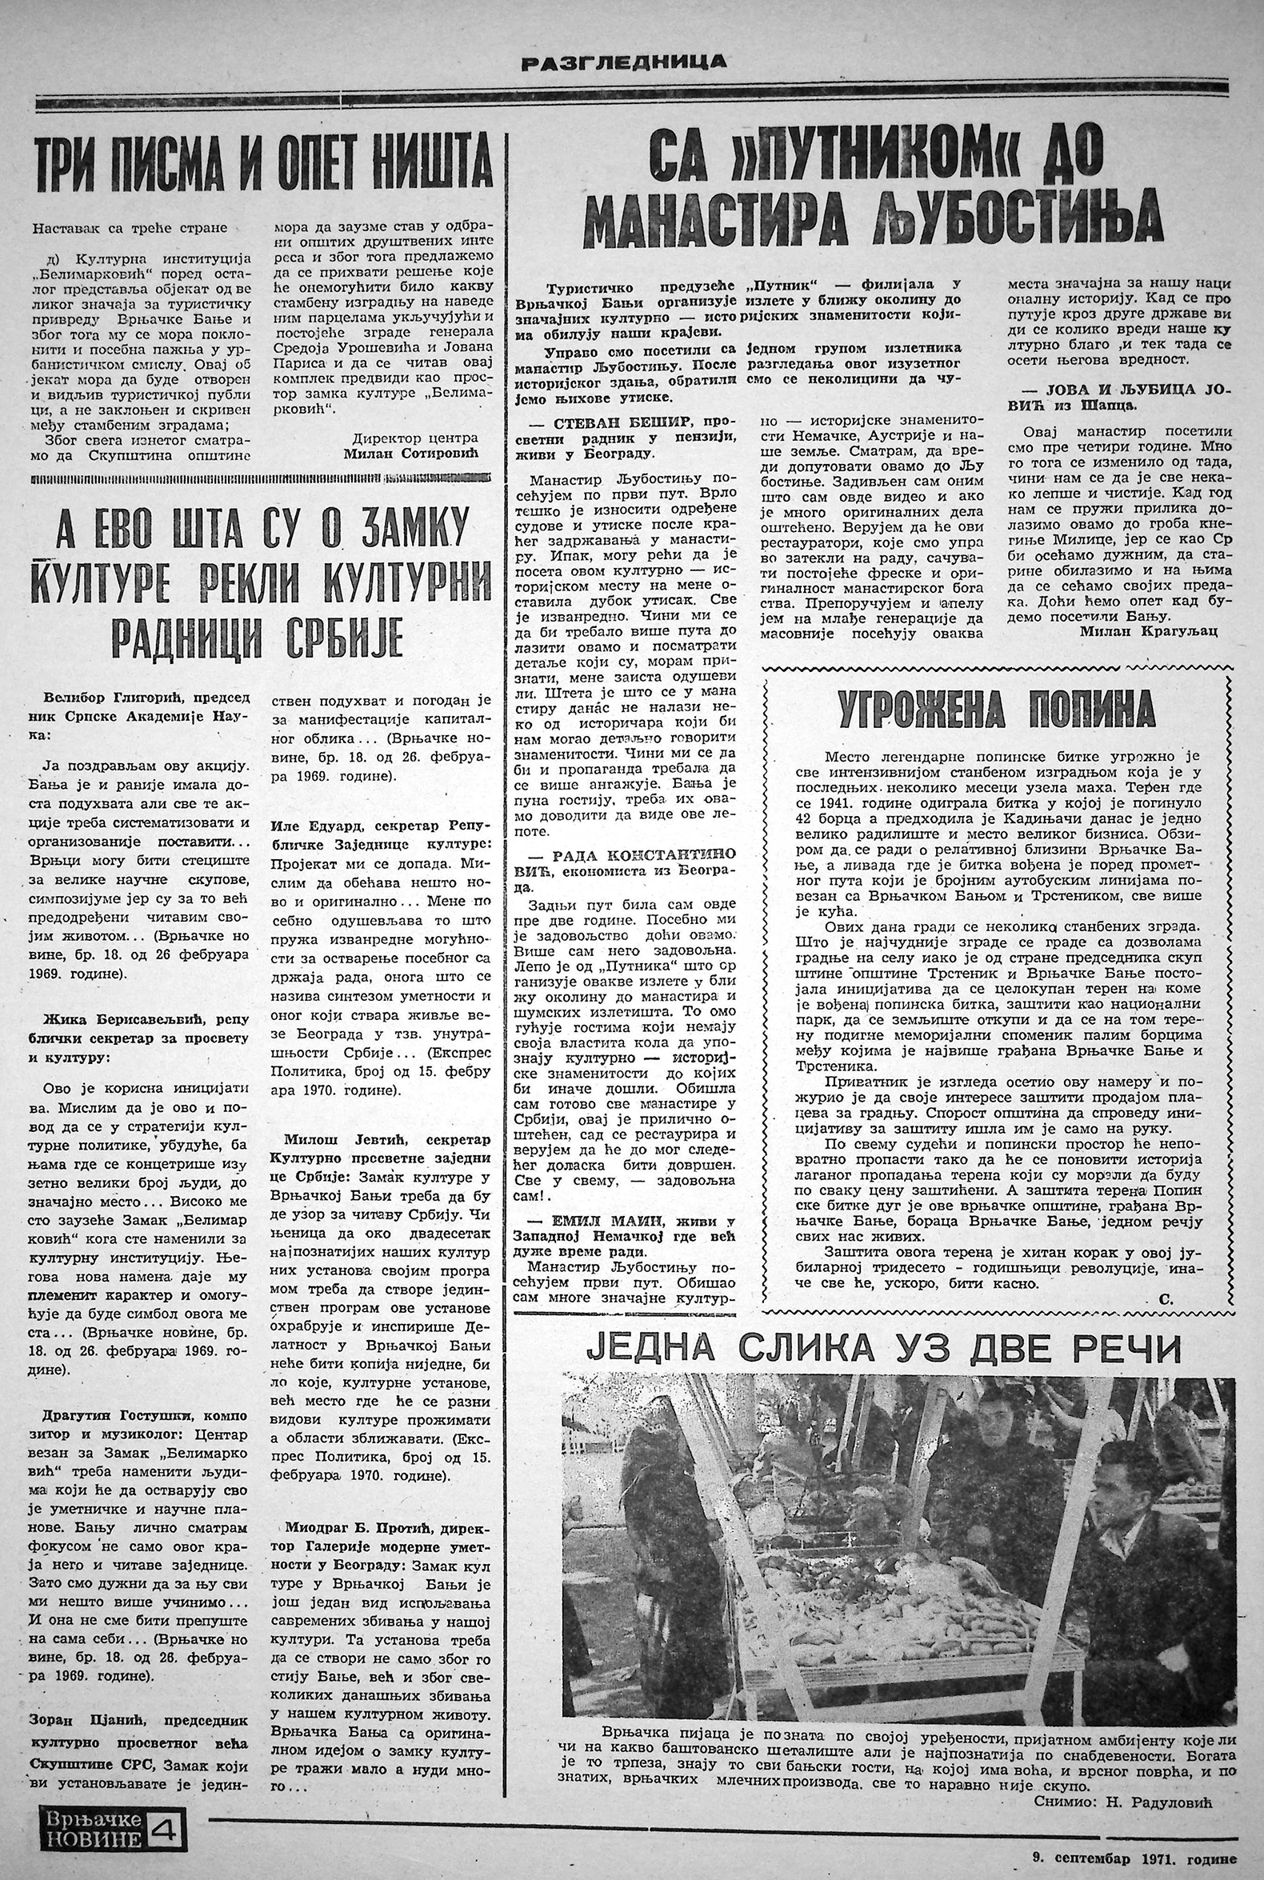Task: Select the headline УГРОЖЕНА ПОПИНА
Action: (x=995, y=710)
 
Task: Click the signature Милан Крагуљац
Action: (x=1147, y=631)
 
